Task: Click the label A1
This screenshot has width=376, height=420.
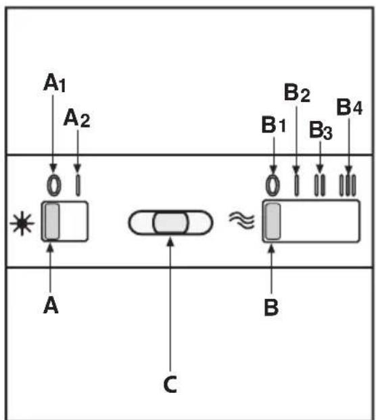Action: pos(54,83)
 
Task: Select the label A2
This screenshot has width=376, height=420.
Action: pos(77,118)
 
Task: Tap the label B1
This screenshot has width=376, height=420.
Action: pos(274,125)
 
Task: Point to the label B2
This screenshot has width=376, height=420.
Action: pos(297,93)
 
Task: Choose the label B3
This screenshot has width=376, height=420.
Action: pos(321,130)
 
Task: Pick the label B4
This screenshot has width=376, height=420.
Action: pos(349,107)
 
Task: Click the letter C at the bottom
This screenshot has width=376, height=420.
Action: pos(170,384)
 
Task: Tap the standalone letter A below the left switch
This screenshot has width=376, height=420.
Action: pos(51,306)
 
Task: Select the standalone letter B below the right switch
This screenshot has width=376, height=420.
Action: pos(271,308)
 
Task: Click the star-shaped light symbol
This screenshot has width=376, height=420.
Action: pos(22,223)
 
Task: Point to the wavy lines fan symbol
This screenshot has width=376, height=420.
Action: pos(241,220)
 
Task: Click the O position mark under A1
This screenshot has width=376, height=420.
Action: pos(54,185)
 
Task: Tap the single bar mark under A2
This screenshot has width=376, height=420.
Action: pos(78,185)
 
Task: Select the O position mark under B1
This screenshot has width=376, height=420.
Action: pos(273,185)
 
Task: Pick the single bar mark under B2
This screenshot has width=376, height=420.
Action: pos(296,185)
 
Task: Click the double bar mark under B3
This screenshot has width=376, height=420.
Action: pos(320,185)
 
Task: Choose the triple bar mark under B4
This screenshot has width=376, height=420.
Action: pos(348,185)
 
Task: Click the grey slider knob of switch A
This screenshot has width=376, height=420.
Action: pos(52,221)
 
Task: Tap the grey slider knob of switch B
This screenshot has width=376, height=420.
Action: pos(273,221)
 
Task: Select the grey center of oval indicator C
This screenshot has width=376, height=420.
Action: pos(170,223)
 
